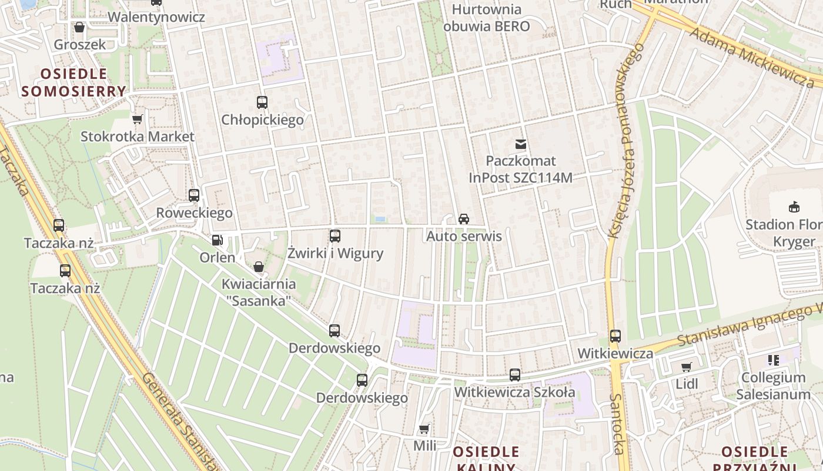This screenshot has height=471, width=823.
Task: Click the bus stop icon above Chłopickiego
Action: click(x=262, y=102)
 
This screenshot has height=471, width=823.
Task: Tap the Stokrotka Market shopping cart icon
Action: click(x=138, y=120)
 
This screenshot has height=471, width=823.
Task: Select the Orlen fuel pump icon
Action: click(x=217, y=240)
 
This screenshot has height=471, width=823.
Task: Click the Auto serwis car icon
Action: click(x=464, y=219)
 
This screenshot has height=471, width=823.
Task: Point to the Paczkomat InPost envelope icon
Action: click(x=520, y=144)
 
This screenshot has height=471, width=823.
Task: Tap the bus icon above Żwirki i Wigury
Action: click(x=335, y=236)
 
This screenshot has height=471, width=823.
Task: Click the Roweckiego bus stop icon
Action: click(x=194, y=195)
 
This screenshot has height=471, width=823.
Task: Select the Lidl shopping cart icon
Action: click(x=686, y=367)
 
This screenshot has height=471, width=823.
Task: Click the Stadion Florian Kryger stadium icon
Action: click(x=794, y=207)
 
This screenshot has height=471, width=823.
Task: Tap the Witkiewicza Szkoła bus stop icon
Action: click(x=515, y=375)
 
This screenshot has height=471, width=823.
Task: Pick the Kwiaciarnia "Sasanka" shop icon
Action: click(x=258, y=267)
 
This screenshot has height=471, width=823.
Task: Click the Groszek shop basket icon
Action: click(x=79, y=27)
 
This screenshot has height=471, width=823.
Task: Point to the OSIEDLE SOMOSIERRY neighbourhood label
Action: click(x=74, y=82)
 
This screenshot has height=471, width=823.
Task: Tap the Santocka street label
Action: click(x=616, y=424)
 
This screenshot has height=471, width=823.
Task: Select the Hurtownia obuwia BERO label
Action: click(x=487, y=18)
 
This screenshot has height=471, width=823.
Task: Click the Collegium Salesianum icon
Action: click(x=773, y=360)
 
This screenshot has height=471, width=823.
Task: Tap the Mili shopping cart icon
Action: click(x=424, y=429)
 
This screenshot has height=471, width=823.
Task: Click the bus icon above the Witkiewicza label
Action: click(x=615, y=336)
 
